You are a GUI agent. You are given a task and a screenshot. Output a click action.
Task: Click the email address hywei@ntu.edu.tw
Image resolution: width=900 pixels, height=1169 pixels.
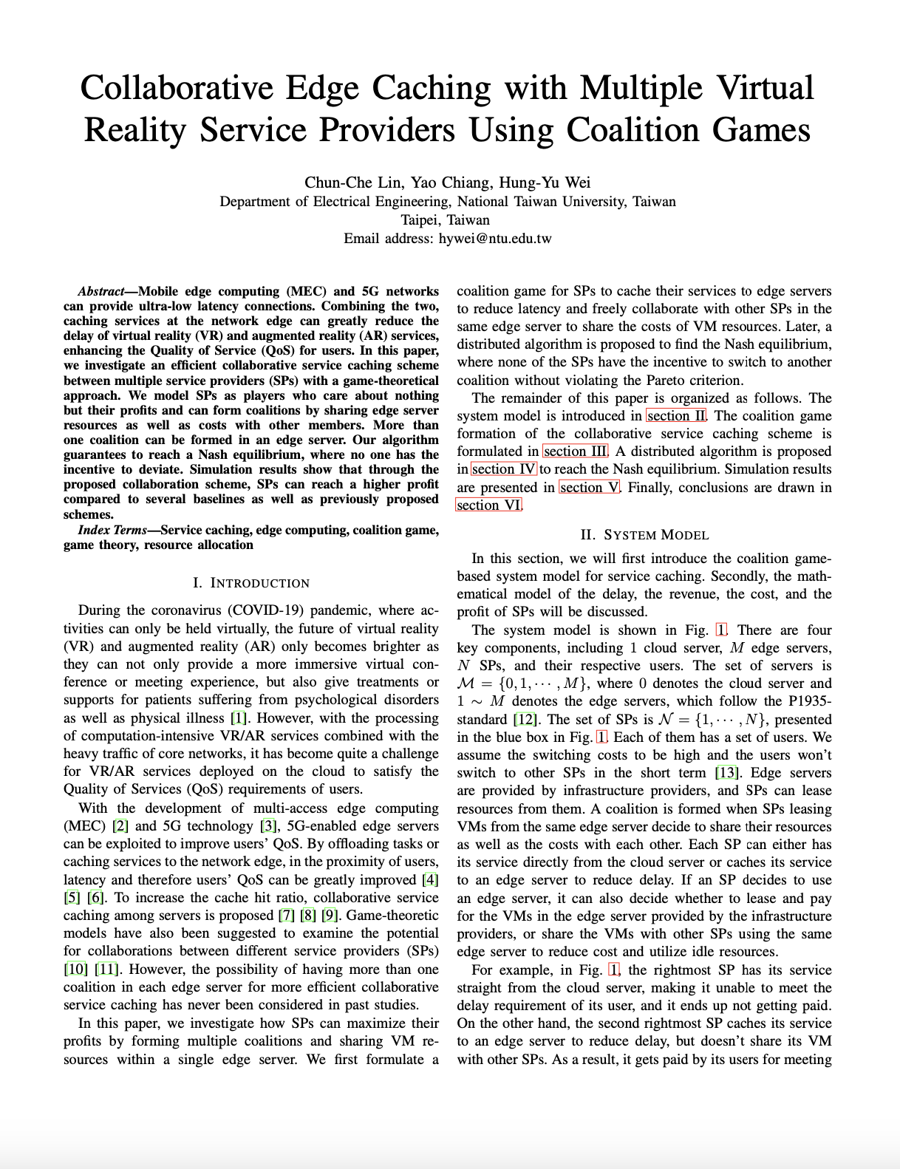[x=495, y=239]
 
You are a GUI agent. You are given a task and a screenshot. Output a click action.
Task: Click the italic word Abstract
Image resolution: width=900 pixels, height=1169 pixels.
[x=100, y=291]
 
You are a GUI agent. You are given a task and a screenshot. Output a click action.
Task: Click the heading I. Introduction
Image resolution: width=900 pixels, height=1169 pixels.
[x=251, y=583]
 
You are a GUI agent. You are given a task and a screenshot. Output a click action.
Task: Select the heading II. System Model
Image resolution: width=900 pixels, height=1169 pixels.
[x=644, y=535]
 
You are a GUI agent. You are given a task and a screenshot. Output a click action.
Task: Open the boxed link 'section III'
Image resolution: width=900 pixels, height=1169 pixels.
[x=576, y=451]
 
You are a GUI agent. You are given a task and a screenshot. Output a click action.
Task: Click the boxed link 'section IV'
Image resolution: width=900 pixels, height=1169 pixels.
[x=504, y=469]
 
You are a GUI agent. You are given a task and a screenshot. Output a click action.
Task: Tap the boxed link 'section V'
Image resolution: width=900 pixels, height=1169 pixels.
[x=590, y=487]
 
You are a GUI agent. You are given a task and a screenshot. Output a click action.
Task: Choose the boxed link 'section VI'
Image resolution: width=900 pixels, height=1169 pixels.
[x=489, y=505]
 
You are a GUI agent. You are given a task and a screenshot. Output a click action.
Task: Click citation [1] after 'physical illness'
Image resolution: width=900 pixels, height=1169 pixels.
[x=239, y=718]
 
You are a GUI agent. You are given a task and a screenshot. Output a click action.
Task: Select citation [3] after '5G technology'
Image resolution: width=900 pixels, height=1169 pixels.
[x=267, y=826]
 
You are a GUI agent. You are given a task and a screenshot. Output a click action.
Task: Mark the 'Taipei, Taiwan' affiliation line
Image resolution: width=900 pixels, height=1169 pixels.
[x=445, y=220]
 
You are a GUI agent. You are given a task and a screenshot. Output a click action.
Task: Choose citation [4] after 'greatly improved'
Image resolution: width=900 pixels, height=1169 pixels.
[x=430, y=880]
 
